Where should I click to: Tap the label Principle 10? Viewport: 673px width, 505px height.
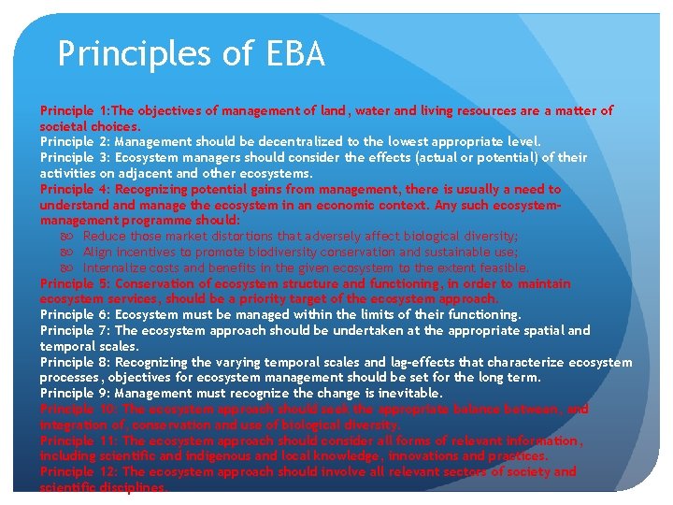click(78, 409)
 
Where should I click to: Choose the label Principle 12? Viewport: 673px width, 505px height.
click(78, 472)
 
